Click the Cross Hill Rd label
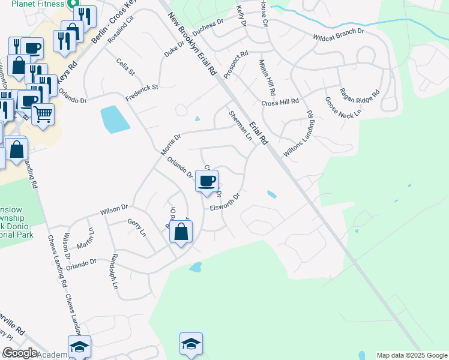pos(280,103)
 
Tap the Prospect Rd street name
pos(236,65)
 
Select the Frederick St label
pos(141,92)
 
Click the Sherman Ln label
pos(240,125)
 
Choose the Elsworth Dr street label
pos(225,202)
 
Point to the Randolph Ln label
pos(113,271)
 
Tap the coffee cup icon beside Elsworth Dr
pos(207,180)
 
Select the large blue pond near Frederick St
pos(115,119)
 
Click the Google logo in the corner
pos(20,353)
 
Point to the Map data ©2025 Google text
pos(411,355)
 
